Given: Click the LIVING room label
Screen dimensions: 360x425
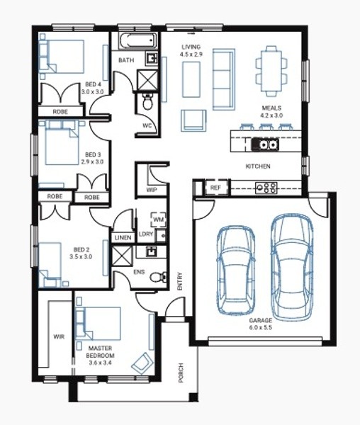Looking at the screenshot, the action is click(191, 47).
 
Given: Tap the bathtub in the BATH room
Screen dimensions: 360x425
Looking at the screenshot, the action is click(138, 41).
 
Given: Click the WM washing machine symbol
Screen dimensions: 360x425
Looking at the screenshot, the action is click(158, 219).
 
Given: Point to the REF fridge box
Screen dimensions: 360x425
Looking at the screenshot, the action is click(215, 187).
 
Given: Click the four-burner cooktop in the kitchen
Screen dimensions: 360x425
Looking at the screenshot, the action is click(266, 188).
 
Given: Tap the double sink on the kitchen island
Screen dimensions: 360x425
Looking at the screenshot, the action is click(265, 144).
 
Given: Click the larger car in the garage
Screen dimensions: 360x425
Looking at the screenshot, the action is click(292, 267).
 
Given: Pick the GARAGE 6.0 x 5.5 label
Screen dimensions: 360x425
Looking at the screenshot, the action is click(261, 324).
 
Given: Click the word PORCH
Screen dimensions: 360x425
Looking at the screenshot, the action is click(181, 373).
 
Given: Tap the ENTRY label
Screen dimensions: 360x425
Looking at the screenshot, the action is click(180, 282).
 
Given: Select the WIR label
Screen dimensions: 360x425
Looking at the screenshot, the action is click(59, 336).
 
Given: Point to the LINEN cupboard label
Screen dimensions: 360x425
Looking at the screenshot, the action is click(123, 238).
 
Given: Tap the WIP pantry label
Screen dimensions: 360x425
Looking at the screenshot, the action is click(152, 190).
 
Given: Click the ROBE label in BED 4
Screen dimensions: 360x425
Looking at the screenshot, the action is click(60, 112).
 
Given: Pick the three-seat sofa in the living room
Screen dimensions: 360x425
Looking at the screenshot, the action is click(224, 79).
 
